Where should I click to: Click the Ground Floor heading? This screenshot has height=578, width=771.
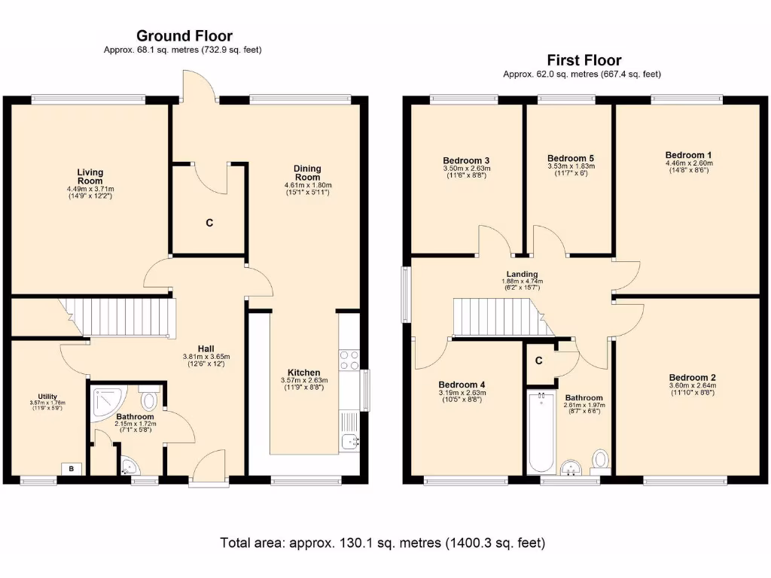[184, 35]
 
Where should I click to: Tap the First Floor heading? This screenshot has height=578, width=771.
[584, 60]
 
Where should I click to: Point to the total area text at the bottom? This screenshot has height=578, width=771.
[382, 543]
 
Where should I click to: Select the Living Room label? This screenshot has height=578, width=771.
[90, 177]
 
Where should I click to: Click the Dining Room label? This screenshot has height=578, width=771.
[307, 173]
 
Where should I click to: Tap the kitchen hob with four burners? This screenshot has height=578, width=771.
[349, 360]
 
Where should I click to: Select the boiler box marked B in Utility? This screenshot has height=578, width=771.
[72, 468]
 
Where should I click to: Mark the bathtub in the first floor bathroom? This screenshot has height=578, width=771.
[540, 431]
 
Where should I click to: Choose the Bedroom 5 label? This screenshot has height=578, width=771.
[570, 159]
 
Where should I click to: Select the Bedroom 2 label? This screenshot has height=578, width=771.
[692, 378]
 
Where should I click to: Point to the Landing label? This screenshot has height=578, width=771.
[522, 275]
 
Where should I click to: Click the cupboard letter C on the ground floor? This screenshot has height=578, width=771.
[209, 223]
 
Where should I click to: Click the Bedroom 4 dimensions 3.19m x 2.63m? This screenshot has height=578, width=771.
[462, 392]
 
